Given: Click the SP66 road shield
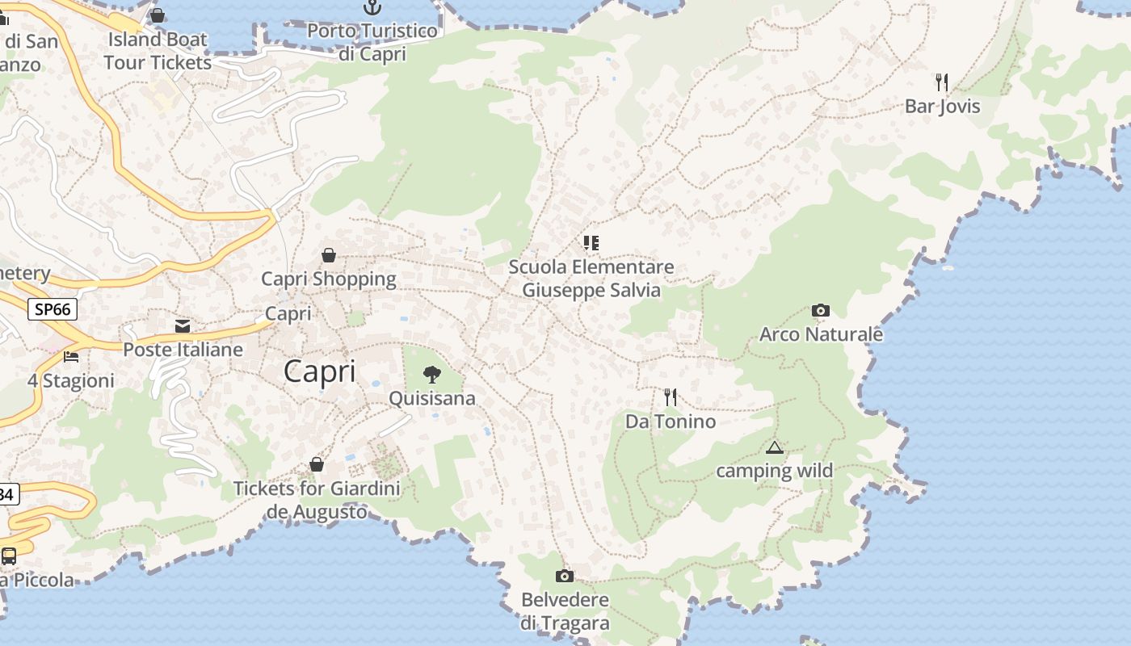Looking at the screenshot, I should click(53, 308).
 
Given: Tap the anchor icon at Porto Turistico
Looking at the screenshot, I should click(372, 7).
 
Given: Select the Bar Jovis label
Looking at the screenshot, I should click(942, 106).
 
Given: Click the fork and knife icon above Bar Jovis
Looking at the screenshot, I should click(941, 82).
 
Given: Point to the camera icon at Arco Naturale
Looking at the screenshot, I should click(820, 311).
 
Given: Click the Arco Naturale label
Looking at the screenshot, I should click(821, 333).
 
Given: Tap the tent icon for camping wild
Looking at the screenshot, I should click(774, 447).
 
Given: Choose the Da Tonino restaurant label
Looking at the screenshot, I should click(671, 421).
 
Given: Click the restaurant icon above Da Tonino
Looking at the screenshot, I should click(671, 397).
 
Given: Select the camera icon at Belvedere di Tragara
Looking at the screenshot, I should click(565, 576).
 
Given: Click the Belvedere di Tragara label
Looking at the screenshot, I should click(565, 611).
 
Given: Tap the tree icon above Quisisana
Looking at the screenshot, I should click(432, 375).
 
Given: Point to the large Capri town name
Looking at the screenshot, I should click(320, 371).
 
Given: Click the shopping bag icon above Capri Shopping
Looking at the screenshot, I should click(329, 255).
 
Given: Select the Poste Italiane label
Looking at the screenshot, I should click(183, 350).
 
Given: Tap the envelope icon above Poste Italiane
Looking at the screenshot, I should click(183, 326).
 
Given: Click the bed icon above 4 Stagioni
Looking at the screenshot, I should click(71, 356).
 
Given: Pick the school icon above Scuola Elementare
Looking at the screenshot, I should click(591, 242).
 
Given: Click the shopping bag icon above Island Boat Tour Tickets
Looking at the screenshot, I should click(158, 15).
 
